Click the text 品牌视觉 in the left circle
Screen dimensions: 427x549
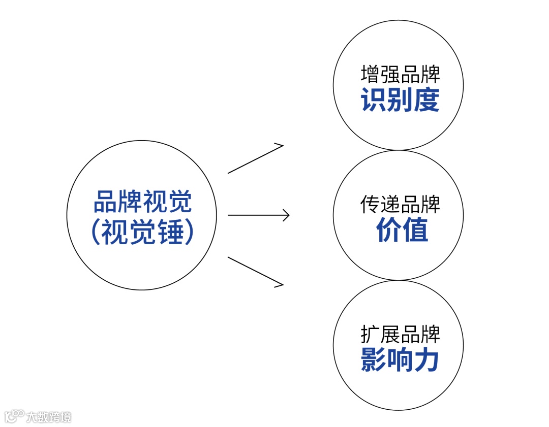tap(142, 202)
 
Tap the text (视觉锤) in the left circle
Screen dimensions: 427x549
tap(142, 233)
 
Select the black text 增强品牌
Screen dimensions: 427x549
tap(400, 74)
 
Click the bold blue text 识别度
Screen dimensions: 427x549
tap(400, 100)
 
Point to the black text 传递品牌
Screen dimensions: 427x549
tap(400, 204)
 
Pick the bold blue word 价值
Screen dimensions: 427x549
tap(402, 230)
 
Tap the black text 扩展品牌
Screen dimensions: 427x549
tap(400, 335)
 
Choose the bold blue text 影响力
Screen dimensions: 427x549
tap(400, 360)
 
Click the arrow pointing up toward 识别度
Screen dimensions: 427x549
tap(255, 159)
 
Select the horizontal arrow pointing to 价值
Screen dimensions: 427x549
tap(258, 215)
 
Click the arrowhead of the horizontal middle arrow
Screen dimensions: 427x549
tap(286, 215)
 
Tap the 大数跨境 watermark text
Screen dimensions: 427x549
tap(49, 417)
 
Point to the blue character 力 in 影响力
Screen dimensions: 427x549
tap(426, 360)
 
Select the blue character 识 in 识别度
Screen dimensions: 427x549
tap(374, 100)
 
